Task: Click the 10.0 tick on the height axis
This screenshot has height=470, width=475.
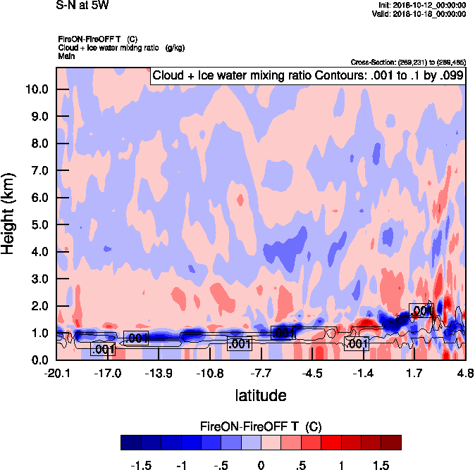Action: pyautogui.click(x=37, y=89)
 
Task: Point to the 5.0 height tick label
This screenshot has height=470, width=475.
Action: pyautogui.click(x=37, y=225)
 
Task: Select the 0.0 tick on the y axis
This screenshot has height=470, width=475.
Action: pyautogui.click(x=37, y=360)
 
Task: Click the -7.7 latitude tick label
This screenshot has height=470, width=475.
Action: pyautogui.click(x=261, y=373)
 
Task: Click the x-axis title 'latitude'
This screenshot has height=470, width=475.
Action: pyautogui.click(x=261, y=395)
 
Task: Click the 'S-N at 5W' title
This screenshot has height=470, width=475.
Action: pyautogui.click(x=82, y=6)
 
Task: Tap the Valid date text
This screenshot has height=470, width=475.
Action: pyautogui.click(x=419, y=13)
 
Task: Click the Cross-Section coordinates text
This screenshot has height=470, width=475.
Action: pyautogui.click(x=407, y=62)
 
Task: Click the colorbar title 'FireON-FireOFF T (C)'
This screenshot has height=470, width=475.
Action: pyautogui.click(x=261, y=426)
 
